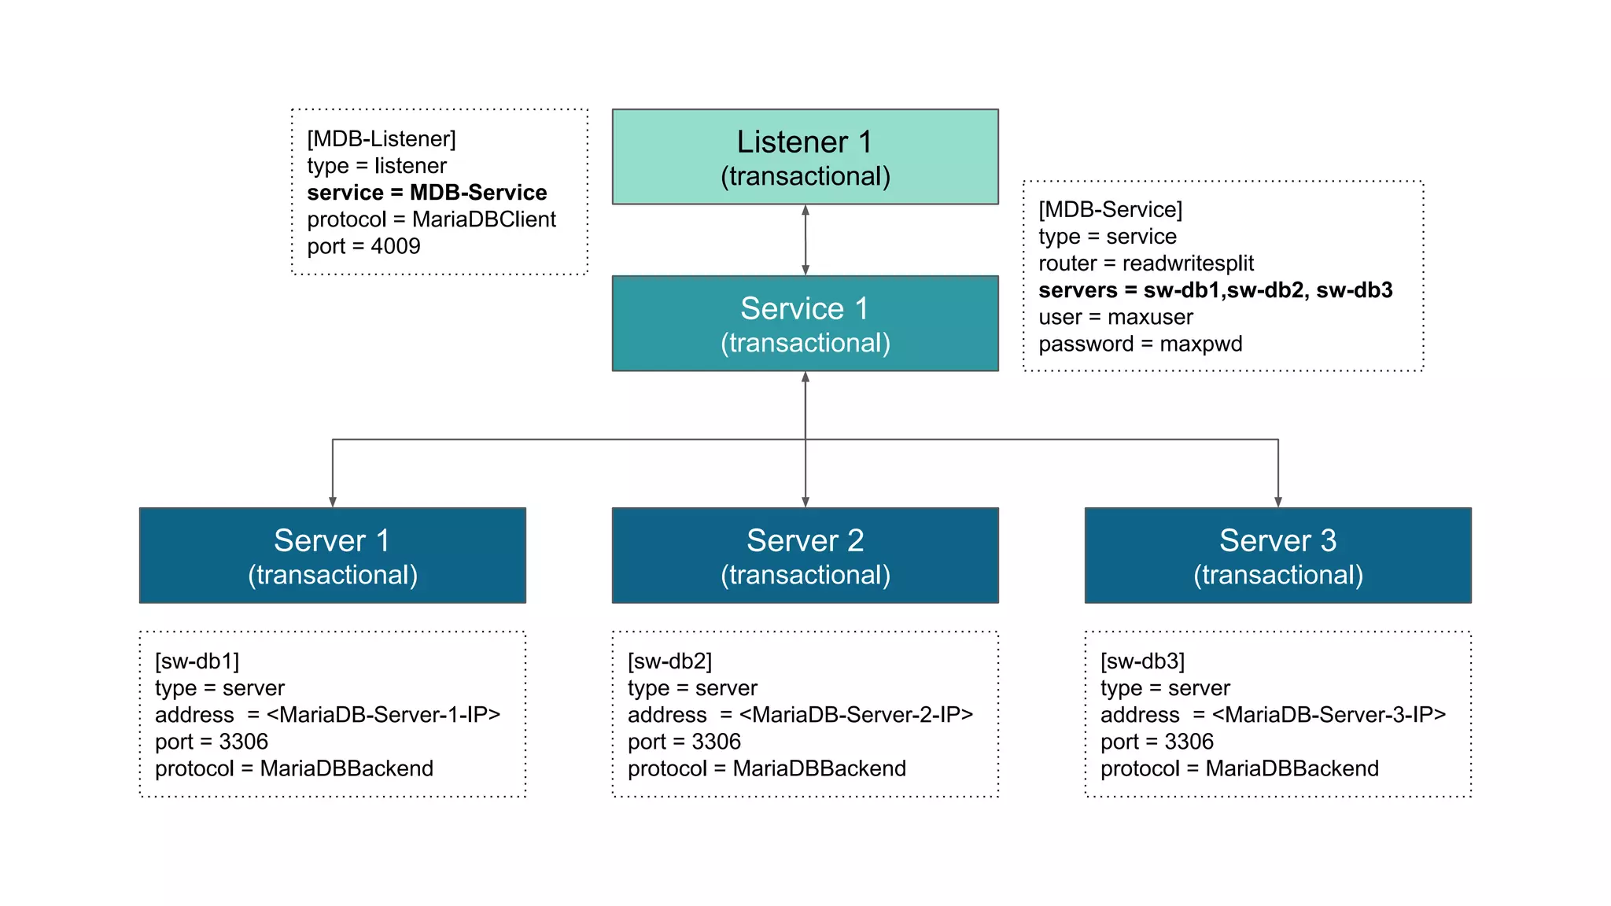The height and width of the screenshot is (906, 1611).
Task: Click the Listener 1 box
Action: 805,157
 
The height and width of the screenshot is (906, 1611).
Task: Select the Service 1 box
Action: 805,323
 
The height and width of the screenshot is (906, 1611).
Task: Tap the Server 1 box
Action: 332,556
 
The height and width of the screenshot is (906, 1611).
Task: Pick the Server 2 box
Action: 805,556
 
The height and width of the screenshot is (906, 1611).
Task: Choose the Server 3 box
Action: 1277,556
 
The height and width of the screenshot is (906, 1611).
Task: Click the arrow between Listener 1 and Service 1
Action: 805,240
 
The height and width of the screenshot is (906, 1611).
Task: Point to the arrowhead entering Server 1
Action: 333,501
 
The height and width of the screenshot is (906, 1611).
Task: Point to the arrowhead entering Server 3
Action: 1278,501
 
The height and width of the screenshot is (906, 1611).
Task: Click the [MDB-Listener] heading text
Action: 382,139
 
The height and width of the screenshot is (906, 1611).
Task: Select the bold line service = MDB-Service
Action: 426,193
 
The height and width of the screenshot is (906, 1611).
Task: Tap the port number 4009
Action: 396,246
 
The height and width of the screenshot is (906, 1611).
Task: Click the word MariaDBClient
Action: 484,219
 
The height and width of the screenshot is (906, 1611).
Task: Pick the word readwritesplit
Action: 1188,263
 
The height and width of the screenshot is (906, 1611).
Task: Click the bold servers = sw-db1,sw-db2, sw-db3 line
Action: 1215,290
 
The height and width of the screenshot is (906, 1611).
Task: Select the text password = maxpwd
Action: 1140,344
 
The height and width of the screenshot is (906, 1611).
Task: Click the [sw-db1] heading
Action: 197,661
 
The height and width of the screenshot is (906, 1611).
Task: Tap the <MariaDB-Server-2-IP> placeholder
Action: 856,715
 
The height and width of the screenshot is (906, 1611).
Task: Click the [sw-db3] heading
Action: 1142,661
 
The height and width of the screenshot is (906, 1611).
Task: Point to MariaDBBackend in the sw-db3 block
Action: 1292,768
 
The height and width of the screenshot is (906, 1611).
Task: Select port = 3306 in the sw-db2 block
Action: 684,742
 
